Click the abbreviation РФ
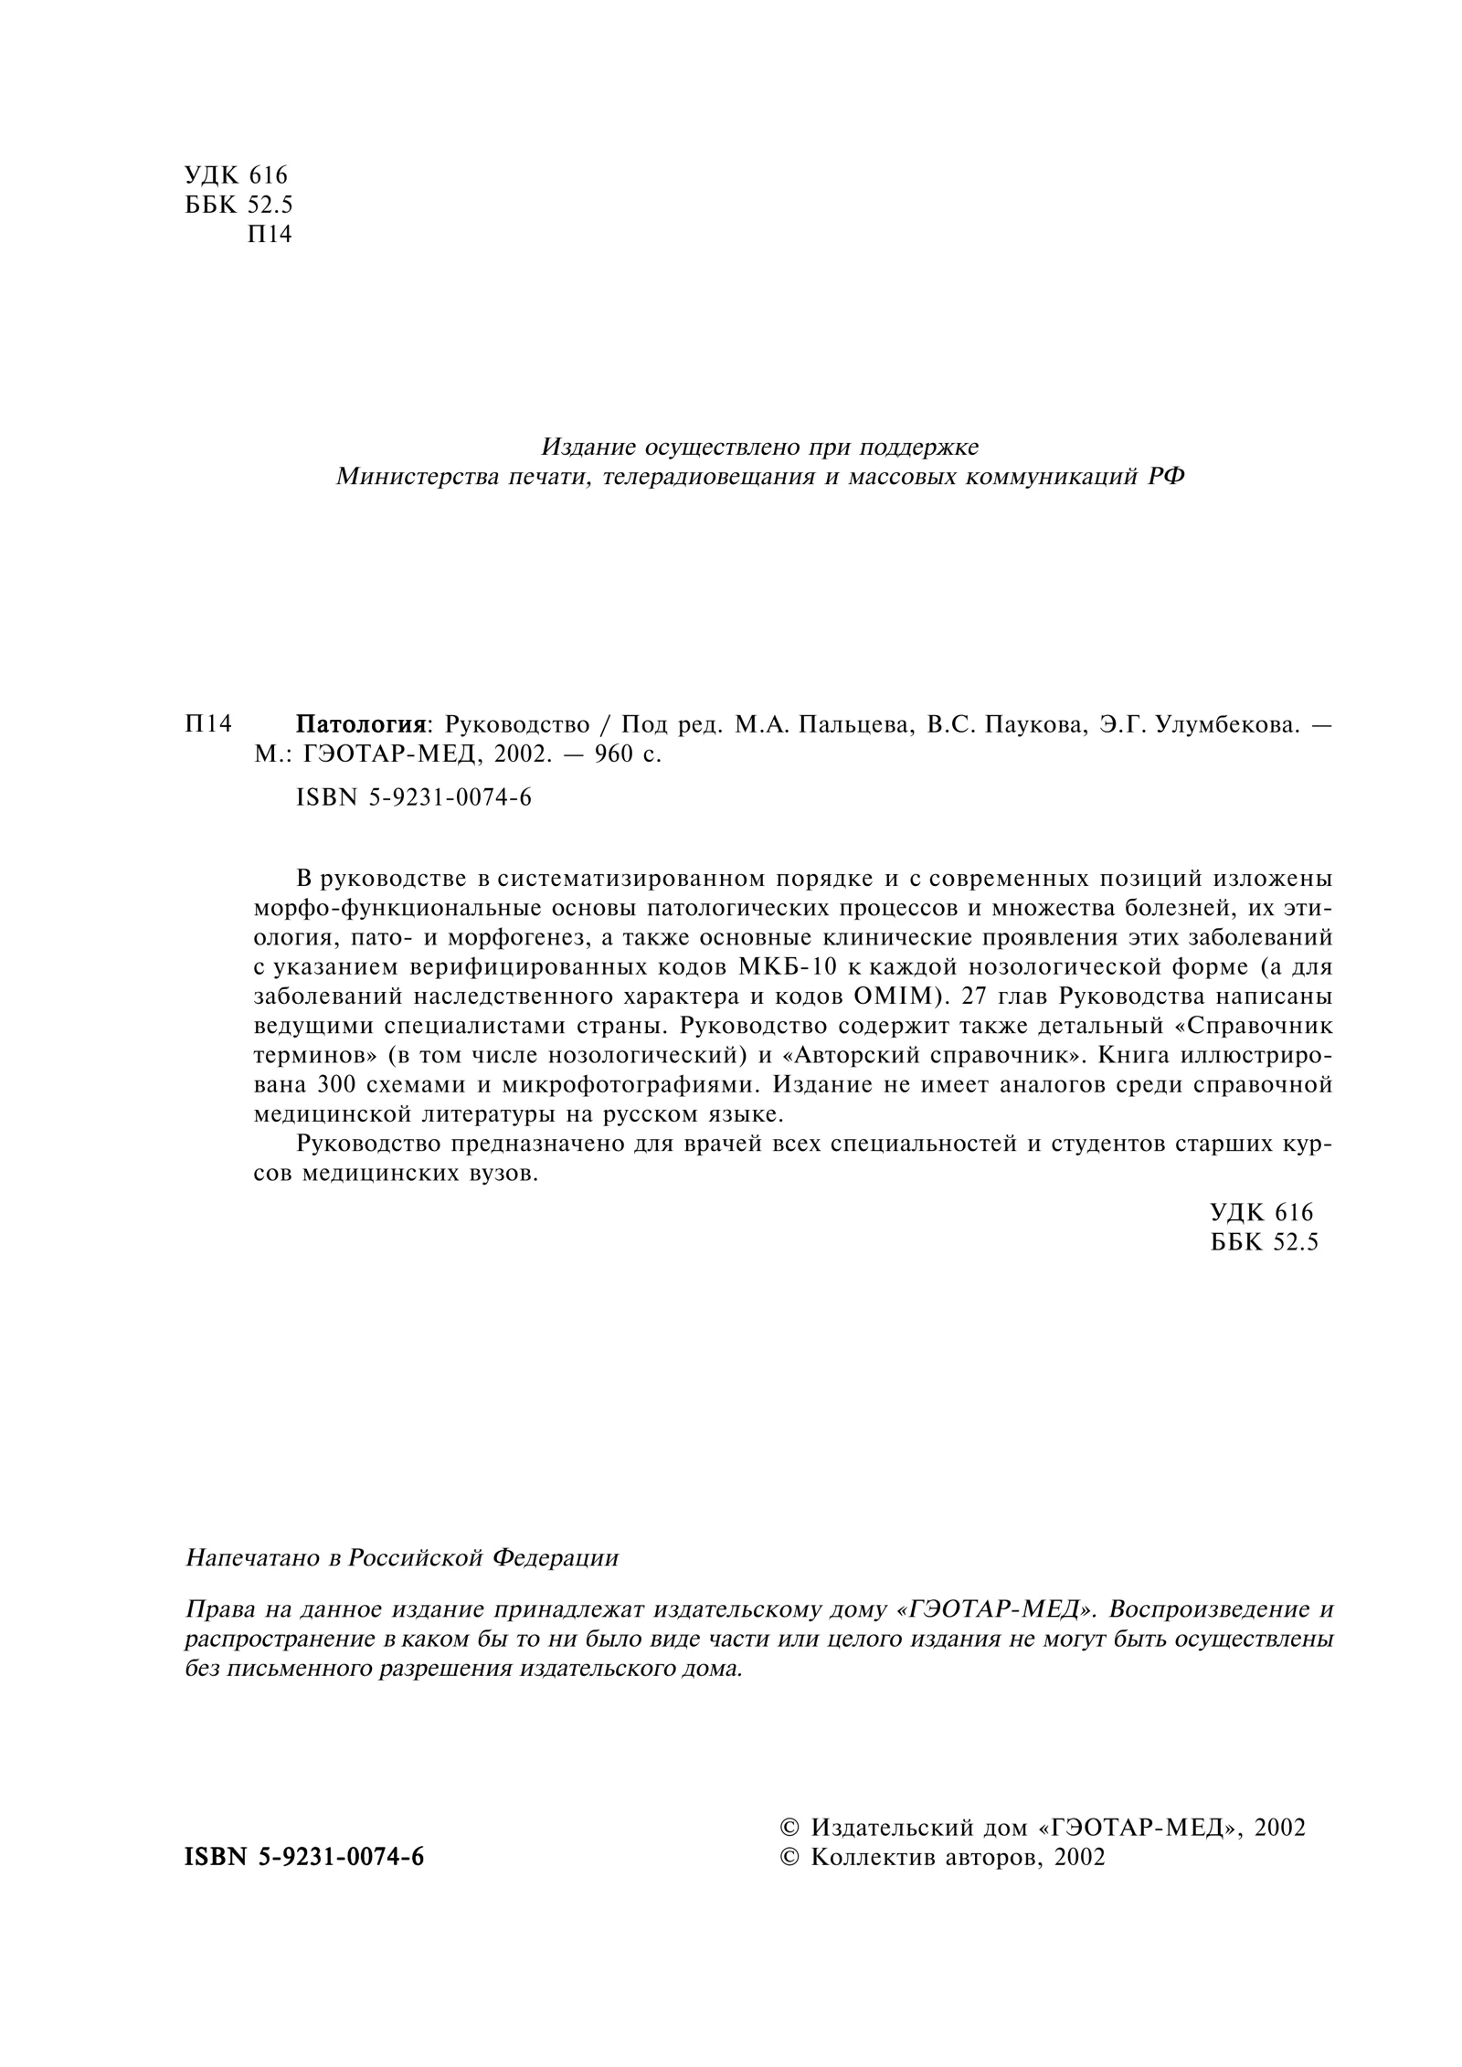[1165, 477]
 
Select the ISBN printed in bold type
[304, 1858]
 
